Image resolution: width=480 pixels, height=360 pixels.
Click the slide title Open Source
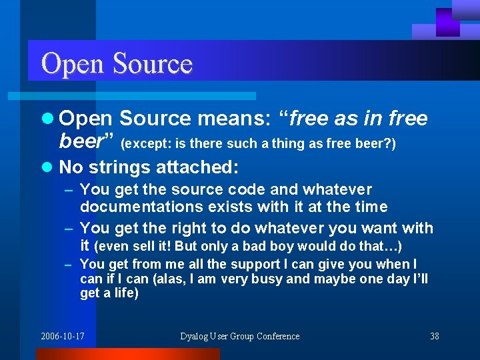point(117,64)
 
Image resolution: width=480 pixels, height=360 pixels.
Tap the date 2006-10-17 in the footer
point(62,337)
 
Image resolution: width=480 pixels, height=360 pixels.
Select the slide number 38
point(435,337)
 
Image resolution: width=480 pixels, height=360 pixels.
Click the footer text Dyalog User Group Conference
point(239,337)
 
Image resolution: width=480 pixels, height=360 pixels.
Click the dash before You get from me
point(68,265)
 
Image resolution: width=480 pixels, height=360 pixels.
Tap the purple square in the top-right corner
point(447,22)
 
